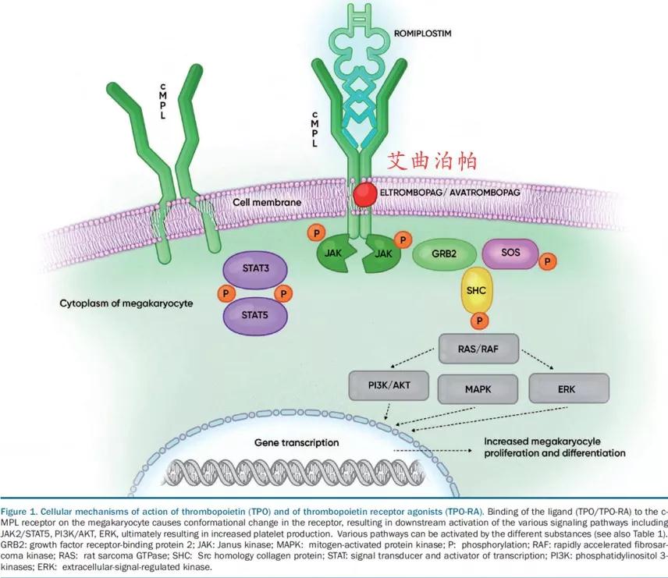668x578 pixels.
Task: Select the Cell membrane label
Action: [x=268, y=202]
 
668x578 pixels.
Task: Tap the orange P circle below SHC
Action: [x=476, y=320]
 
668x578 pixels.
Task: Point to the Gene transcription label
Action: [x=297, y=442]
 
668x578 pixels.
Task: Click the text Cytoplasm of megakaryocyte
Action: [x=122, y=302]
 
